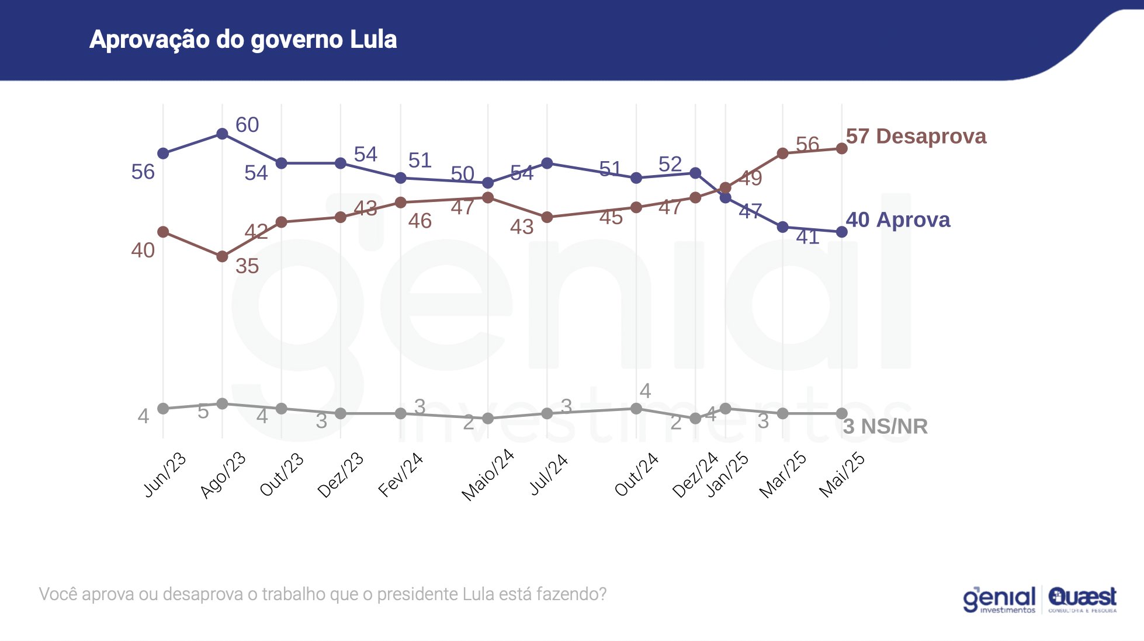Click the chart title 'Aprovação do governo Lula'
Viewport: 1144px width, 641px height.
coord(243,40)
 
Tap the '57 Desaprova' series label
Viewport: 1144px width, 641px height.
coord(916,136)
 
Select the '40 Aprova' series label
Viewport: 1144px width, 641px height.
coord(897,220)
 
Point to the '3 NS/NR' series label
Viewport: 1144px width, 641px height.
coord(885,426)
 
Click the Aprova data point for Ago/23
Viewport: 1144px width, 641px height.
coord(222,134)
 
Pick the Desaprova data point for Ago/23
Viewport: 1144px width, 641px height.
coord(222,256)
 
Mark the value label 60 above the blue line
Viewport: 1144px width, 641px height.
coord(247,124)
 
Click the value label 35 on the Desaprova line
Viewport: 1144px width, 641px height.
coord(247,266)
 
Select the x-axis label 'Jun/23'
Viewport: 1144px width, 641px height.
coord(165,474)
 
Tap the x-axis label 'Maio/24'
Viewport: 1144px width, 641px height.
coord(488,474)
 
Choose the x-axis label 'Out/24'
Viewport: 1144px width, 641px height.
coord(636,474)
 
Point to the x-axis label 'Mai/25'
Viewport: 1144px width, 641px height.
coord(842,474)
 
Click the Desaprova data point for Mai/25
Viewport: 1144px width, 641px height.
coord(842,148)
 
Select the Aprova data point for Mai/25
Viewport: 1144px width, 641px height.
coord(842,232)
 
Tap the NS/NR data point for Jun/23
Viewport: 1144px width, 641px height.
coord(163,409)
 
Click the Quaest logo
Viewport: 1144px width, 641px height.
coord(1082,599)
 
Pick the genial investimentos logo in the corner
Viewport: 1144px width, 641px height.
coord(999,600)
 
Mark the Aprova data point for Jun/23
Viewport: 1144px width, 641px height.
coord(163,154)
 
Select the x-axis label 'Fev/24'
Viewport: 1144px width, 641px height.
coord(401,474)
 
